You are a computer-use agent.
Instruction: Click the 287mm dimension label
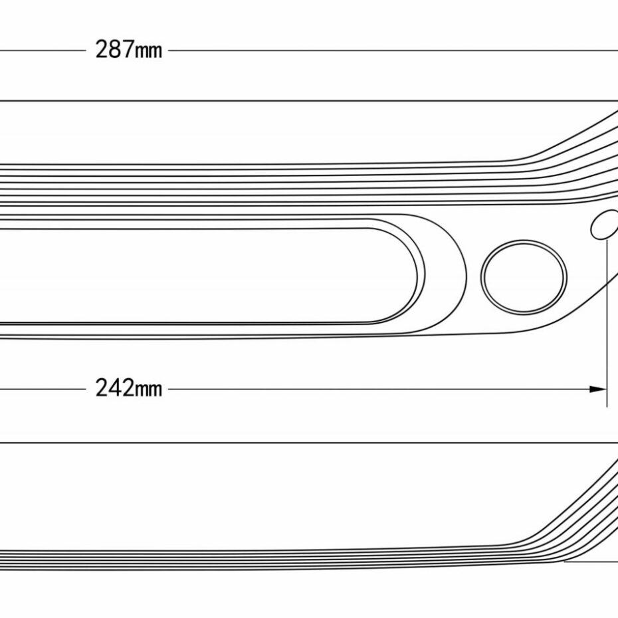click(128, 51)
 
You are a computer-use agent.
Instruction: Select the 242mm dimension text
click(128, 388)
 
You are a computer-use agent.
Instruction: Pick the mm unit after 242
click(148, 390)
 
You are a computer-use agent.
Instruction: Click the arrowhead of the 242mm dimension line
click(599, 389)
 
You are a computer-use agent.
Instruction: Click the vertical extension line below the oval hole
click(607, 319)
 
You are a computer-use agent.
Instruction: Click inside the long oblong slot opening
click(199, 275)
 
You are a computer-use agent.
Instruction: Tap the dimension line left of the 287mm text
click(40, 51)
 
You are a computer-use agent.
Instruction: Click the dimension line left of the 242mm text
click(40, 389)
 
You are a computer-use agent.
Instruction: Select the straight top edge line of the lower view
click(299, 443)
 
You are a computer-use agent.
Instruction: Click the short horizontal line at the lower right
click(591, 562)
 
